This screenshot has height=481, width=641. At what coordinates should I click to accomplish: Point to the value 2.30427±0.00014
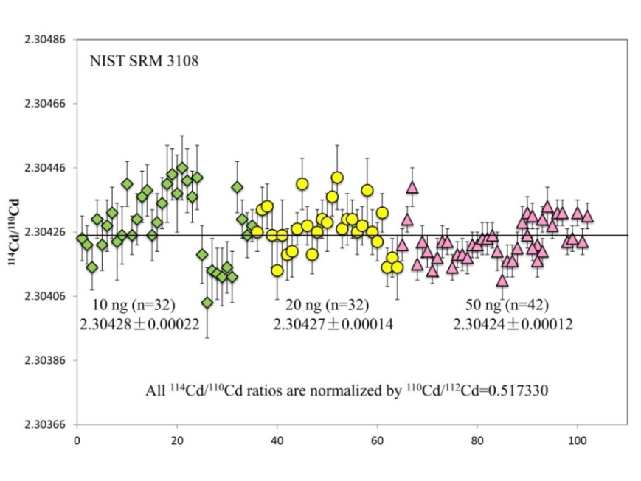[333, 324]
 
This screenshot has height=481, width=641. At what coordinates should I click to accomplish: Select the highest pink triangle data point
[412, 187]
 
